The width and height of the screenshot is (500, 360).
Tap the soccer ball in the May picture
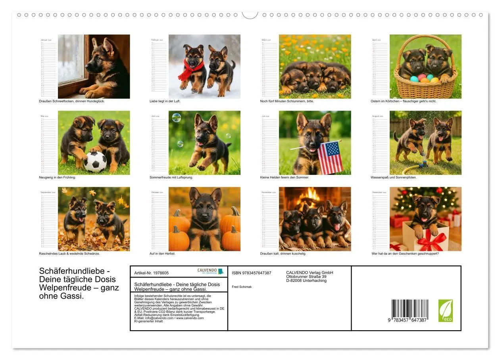pos(95,162)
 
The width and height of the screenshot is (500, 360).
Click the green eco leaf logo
pos(445,310)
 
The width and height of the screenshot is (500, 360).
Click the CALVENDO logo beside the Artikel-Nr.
pos(210,271)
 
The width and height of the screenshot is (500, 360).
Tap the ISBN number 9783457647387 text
pos(252,273)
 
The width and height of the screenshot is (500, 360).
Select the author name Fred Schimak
pos(242,287)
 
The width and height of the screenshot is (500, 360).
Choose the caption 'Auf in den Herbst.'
pos(162,253)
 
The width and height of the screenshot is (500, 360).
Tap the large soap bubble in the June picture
pos(176,117)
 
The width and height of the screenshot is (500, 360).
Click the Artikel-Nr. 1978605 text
pos(152,273)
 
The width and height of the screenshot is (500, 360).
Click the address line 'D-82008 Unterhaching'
pos(306,281)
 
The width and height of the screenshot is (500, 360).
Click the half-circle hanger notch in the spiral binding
pos(250,15)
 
